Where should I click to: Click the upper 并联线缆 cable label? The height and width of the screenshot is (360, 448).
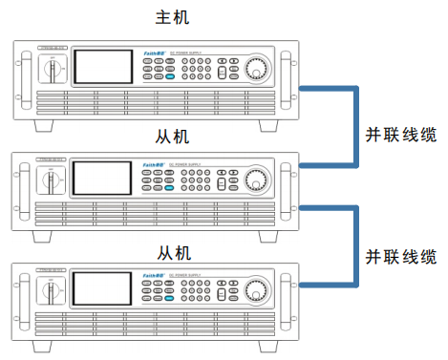pos(401,135)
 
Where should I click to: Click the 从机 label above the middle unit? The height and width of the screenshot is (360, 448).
pos(174,136)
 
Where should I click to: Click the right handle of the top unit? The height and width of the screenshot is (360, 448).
pos(285,74)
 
